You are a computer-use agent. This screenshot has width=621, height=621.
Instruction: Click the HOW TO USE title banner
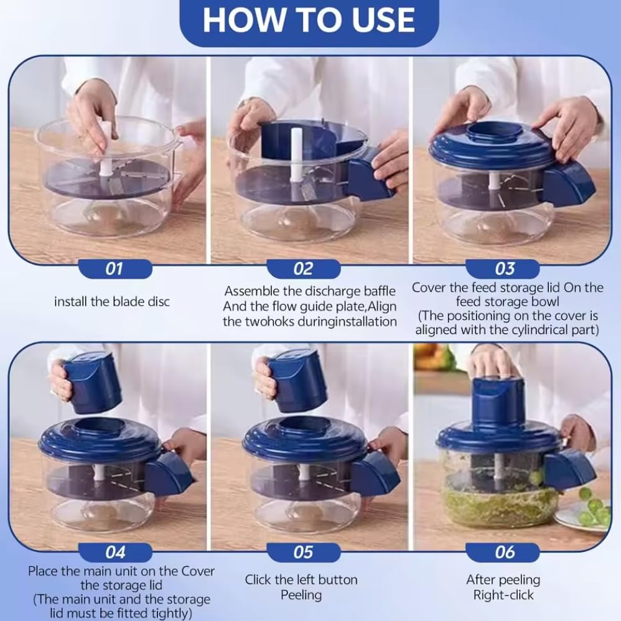[x=309, y=21]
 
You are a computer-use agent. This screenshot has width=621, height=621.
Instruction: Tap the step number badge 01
[x=114, y=269]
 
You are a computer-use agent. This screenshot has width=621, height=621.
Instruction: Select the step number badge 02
[x=303, y=269]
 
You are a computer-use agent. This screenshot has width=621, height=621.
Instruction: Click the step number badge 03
[x=505, y=269]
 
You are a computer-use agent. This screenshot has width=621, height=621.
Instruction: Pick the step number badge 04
[x=115, y=552]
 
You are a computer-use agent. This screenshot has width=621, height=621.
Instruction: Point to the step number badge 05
[x=303, y=552]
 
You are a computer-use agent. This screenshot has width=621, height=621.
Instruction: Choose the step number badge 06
[x=505, y=552]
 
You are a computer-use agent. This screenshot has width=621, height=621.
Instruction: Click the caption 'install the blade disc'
[x=112, y=302]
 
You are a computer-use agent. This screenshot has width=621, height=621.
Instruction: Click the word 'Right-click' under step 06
[x=503, y=595]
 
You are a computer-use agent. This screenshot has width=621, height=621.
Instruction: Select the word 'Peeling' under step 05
[x=301, y=595]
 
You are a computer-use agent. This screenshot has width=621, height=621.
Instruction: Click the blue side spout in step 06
[x=569, y=469]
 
